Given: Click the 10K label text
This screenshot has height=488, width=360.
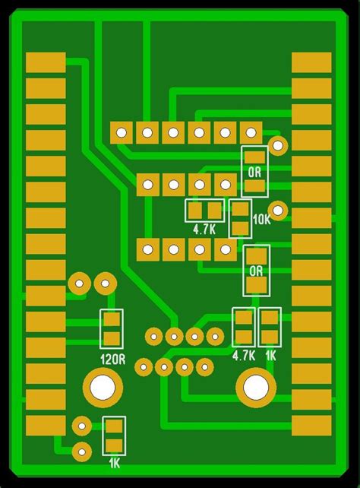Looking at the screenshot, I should click(x=261, y=220).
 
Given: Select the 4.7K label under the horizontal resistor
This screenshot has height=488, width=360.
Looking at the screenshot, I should click(x=204, y=228).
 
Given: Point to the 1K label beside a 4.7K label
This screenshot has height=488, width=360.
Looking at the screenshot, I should click(x=270, y=355).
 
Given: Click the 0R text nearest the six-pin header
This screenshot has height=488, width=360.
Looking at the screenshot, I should click(x=254, y=172).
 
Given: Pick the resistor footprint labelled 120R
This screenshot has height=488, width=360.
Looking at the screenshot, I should click(x=112, y=328).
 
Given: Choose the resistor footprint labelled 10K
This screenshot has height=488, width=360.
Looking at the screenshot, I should click(x=241, y=218).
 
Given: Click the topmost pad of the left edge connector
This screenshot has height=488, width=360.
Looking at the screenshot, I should click(x=46, y=62).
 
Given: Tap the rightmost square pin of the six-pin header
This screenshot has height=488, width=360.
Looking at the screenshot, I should click(x=251, y=133).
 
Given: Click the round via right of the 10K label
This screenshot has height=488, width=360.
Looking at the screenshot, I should click(x=279, y=210).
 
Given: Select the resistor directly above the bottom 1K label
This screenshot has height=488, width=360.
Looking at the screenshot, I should click(x=114, y=436).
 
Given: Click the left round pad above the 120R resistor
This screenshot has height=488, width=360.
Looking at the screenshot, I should click(x=79, y=284).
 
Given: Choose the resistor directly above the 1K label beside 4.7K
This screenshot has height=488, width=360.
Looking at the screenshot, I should click(x=270, y=327).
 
